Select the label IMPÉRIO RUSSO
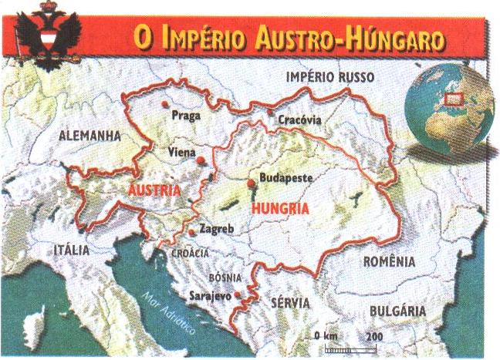coord(329,78)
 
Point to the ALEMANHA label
coord(90,135)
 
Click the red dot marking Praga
coord(164,104)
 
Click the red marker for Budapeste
coord(251,183)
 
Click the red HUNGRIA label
coord(280,208)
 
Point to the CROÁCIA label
coord(190,253)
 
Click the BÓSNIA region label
coord(225,278)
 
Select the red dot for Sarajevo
coord(238,295)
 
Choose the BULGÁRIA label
coord(398,310)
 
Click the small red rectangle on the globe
coord(454,98)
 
